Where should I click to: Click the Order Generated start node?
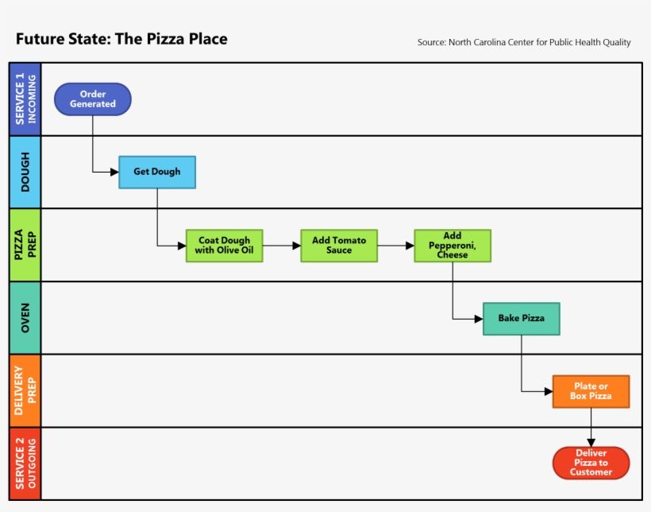(x=93, y=99)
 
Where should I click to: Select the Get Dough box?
(x=157, y=172)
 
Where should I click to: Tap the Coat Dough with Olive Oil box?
(x=224, y=246)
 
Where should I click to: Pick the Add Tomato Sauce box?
(x=339, y=246)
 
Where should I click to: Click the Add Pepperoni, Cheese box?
(x=453, y=246)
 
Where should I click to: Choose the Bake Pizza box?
(x=522, y=319)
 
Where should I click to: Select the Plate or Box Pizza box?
(x=591, y=391)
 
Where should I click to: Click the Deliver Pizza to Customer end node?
(x=591, y=463)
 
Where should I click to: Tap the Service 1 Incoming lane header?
(x=25, y=99)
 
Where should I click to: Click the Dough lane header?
(x=25, y=172)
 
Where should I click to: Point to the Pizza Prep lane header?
(x=25, y=245)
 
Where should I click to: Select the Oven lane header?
(x=25, y=318)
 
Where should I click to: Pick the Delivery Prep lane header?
(x=25, y=391)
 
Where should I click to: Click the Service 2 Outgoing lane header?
(x=25, y=464)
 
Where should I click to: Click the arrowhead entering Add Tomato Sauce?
(x=296, y=246)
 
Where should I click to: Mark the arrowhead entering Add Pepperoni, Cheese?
(x=410, y=246)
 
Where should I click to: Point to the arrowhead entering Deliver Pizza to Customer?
(x=591, y=442)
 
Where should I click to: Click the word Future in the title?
(x=40, y=39)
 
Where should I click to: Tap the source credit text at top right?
(x=524, y=42)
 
